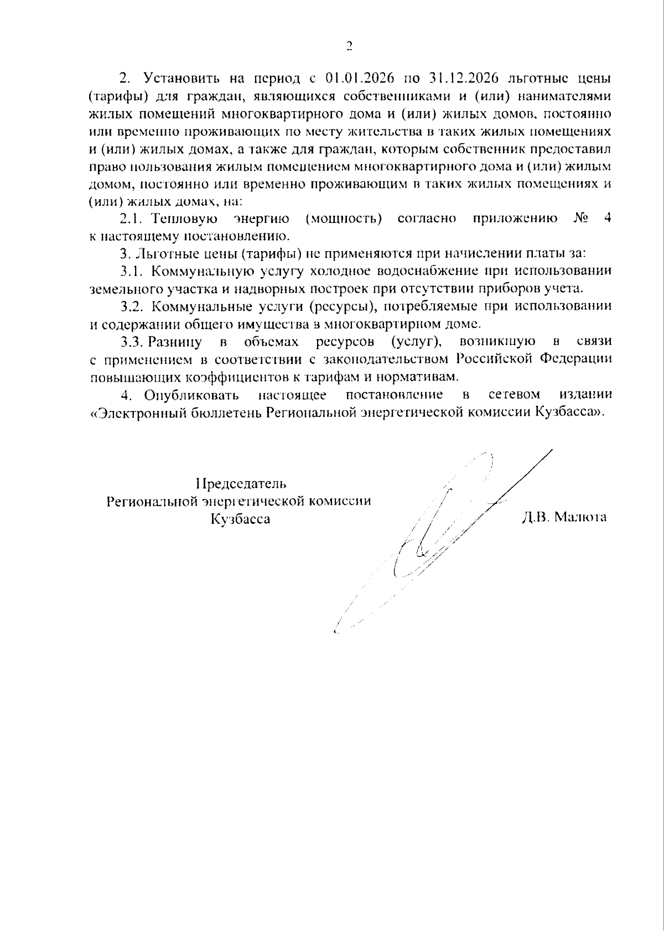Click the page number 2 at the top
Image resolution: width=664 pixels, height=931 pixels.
click(349, 46)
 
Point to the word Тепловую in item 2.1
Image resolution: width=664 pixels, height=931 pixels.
click(185, 219)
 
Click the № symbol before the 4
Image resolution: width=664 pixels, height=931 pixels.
click(580, 219)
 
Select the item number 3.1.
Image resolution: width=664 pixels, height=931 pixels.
click(132, 271)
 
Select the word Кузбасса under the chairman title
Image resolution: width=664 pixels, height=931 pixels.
click(240, 519)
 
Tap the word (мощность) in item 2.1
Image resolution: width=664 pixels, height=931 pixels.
click(344, 219)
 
